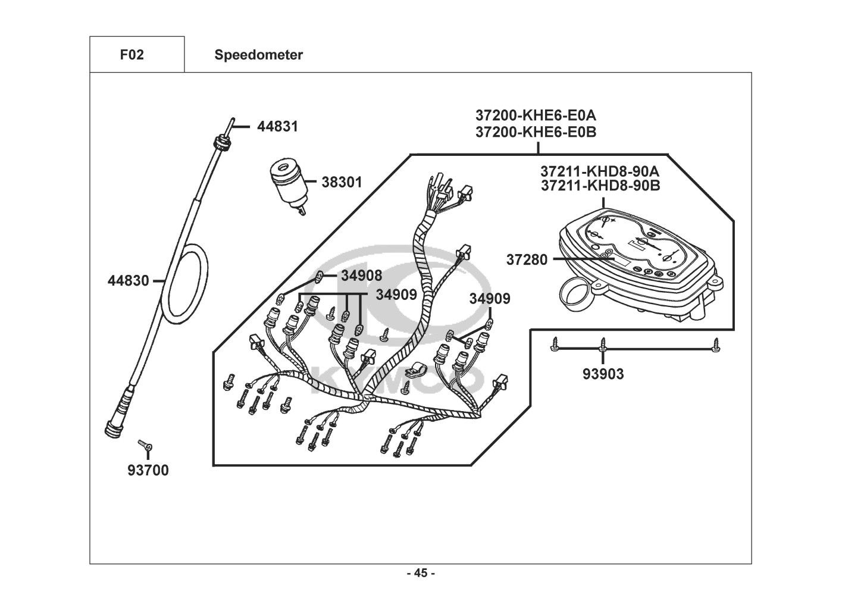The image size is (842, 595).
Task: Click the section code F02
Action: coord(132,55)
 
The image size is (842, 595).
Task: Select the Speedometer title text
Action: coord(258,55)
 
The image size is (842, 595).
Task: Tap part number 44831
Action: coord(277,127)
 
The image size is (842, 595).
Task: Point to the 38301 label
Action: coord(342,182)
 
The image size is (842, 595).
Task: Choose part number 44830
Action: coord(128,280)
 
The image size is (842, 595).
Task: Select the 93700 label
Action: coord(148,471)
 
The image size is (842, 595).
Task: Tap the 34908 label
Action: coord(361,275)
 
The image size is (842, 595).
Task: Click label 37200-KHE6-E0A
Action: coord(536,114)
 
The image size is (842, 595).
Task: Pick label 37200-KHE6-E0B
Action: coord(536,131)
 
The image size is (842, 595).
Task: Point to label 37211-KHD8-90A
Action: coord(600,171)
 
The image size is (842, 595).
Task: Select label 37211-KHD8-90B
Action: coord(600,186)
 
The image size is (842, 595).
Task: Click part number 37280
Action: coord(527,259)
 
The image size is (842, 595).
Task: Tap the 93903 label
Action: coord(603,374)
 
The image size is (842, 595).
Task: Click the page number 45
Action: coord(421,574)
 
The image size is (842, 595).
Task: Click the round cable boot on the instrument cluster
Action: coord(575,294)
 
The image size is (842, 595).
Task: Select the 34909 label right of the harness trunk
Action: coord(489,299)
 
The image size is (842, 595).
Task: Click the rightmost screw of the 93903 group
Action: coord(716,345)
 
